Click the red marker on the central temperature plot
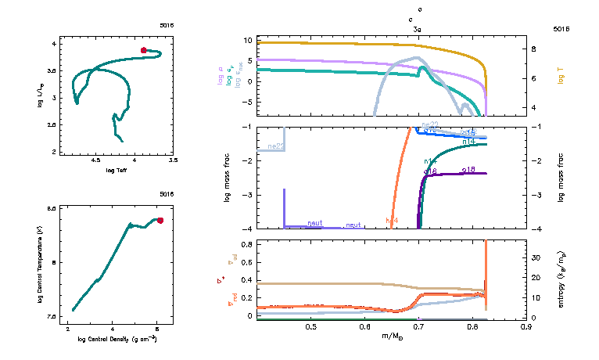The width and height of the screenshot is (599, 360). pyautogui.click(x=160, y=220)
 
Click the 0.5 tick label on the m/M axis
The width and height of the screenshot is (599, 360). pyautogui.click(x=310, y=326)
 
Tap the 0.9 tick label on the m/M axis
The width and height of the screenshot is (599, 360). pyautogui.click(x=525, y=326)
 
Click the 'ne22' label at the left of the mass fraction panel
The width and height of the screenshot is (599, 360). pyautogui.click(x=275, y=146)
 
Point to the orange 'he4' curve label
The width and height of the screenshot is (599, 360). pyautogui.click(x=392, y=221)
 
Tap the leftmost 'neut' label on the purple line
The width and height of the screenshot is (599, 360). pyautogui.click(x=314, y=223)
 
